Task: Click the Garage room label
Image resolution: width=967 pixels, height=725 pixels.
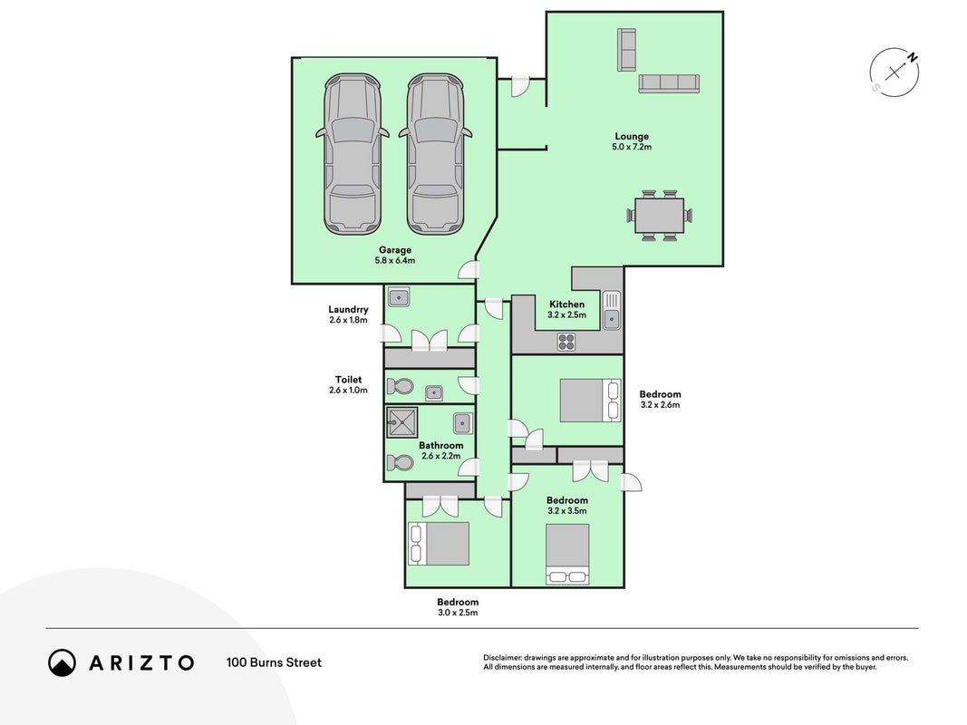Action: point(395,250)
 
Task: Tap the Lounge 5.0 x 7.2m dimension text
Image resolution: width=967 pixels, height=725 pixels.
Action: point(632,148)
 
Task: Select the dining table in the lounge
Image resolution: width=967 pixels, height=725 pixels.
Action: point(659,215)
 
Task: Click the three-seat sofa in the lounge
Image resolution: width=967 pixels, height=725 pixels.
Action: point(669,83)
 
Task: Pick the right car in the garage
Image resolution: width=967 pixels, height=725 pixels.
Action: point(435,154)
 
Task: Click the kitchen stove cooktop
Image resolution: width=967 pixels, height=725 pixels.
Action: point(566,342)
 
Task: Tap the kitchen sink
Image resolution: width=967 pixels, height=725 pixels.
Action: point(611,310)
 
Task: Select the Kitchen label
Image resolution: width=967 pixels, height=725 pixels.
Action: point(566,304)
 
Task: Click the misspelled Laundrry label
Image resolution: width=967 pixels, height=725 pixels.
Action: point(348,309)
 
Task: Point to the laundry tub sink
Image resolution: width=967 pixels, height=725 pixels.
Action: point(399,298)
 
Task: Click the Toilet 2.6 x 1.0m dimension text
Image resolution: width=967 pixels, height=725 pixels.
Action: point(348,391)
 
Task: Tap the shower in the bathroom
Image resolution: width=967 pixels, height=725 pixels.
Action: point(402,422)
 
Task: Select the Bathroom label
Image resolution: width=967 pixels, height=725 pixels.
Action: point(441,445)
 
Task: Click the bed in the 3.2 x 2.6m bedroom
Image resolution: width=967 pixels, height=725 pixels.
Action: point(590,401)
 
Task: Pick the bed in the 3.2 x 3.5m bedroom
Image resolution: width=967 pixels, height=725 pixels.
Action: point(567,555)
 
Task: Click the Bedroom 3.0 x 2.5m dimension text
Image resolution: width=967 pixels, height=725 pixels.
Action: point(458,613)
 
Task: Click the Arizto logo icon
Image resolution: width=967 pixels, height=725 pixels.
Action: point(63,662)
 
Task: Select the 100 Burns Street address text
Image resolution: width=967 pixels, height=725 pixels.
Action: point(274,662)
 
